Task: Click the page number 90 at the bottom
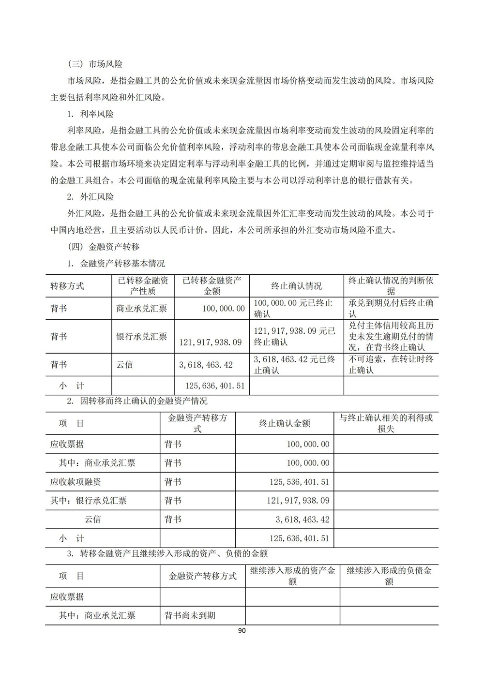242,630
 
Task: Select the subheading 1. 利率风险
91,114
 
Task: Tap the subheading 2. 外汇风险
91,197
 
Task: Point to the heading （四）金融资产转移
104,247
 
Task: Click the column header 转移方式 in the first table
67,286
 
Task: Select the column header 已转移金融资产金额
212,286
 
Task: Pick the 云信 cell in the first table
125,365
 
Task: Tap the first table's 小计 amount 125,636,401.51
215,386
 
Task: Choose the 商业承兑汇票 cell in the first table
142,308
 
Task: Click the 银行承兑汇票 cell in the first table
142,336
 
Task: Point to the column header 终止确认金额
285,423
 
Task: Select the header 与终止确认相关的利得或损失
386,423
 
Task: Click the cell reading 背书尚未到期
190,615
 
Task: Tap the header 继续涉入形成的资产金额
292,576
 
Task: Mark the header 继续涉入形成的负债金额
389,576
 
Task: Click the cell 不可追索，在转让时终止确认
391,365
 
